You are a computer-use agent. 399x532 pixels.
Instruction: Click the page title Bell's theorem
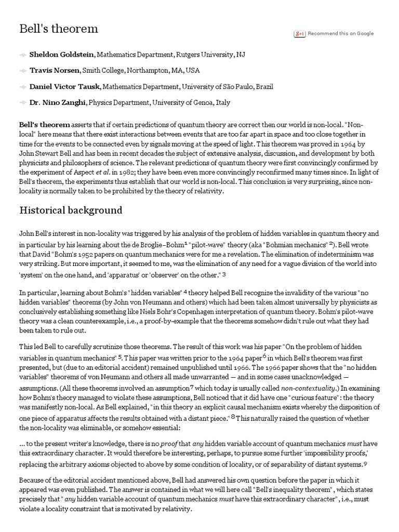point(59,29)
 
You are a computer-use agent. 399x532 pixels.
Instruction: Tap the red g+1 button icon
point(300,34)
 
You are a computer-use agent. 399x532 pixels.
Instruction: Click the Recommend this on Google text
point(340,34)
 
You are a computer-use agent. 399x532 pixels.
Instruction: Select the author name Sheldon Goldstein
point(62,54)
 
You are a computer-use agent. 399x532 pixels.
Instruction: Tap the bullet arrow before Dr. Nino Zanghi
point(23,103)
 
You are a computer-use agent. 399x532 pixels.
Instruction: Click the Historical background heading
point(71,210)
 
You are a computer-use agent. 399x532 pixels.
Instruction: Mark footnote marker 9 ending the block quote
point(365,463)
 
